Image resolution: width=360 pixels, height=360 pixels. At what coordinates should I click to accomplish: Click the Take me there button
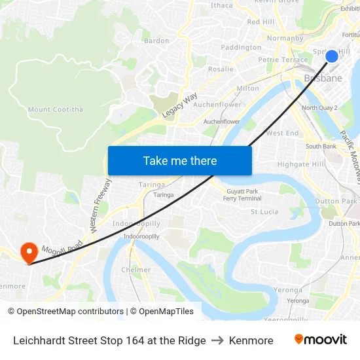tap(179, 160)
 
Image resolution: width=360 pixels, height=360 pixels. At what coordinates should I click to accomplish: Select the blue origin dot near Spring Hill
tap(332, 56)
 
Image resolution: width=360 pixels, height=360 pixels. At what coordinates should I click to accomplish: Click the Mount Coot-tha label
tap(56, 109)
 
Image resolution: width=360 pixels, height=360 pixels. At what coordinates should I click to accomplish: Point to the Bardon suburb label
tap(156, 41)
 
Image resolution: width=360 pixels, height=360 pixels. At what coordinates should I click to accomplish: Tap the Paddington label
tap(241, 47)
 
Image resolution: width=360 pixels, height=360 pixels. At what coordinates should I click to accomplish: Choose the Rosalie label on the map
tap(221, 69)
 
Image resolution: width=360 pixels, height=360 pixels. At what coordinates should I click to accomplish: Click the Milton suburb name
tap(247, 88)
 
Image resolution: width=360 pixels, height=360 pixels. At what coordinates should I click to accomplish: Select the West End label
tap(282, 133)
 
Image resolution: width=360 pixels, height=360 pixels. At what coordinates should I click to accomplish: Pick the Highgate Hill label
tap(300, 164)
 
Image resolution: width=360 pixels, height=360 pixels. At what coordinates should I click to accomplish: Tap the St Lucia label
tap(265, 211)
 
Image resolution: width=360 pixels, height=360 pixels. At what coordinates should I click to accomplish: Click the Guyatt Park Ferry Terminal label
tap(242, 194)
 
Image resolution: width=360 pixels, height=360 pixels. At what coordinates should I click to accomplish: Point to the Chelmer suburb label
tap(135, 270)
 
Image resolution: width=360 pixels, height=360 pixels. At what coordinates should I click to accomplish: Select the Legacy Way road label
tap(180, 105)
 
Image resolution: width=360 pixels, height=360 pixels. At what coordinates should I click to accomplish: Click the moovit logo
tap(320, 340)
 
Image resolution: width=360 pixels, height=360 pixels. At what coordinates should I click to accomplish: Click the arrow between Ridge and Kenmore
tap(217, 340)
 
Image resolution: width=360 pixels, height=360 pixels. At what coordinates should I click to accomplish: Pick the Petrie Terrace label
tap(283, 60)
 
